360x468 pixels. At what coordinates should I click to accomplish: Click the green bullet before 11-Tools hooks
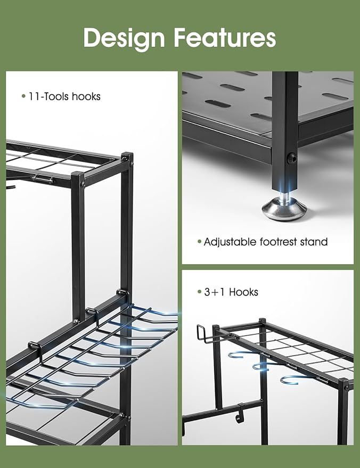23,96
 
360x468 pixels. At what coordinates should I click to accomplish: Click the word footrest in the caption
280,242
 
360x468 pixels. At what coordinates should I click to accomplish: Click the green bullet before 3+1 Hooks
199,292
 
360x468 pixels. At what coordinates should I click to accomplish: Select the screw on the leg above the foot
290,158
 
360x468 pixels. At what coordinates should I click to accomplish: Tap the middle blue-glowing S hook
262,365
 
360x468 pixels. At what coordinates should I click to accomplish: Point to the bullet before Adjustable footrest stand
199,242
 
